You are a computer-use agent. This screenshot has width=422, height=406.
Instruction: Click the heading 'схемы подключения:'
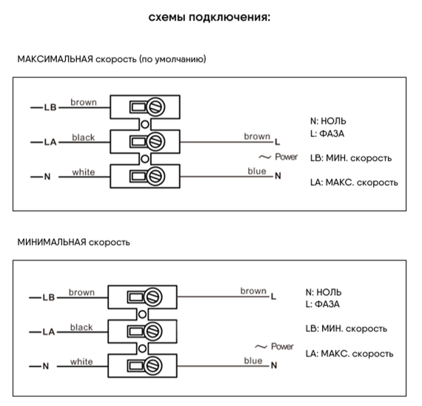pyautogui.click(x=210, y=17)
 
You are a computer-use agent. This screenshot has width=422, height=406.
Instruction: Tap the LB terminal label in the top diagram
pyautogui.click(x=50, y=108)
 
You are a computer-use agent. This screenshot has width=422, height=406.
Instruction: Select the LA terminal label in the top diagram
pyautogui.click(x=50, y=142)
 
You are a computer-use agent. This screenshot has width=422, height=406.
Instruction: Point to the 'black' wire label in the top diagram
pyautogui.click(x=84, y=138)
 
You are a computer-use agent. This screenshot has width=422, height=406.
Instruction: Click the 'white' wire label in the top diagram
pyautogui.click(x=84, y=172)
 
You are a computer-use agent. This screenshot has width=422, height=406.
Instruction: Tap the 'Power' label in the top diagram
pyautogui.click(x=286, y=157)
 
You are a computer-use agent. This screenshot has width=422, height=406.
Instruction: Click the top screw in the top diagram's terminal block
pyautogui.click(x=156, y=107)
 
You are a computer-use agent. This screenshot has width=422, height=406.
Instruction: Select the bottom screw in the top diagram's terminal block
pyautogui.click(x=156, y=176)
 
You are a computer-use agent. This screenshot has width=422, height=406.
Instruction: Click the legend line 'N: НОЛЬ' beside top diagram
pyautogui.click(x=328, y=121)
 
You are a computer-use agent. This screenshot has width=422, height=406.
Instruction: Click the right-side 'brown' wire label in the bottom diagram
pyautogui.click(x=252, y=291)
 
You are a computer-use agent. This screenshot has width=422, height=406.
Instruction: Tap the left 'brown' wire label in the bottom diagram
pyautogui.click(x=81, y=292)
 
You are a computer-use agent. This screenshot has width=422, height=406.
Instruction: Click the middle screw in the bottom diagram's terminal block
pyautogui.click(x=154, y=331)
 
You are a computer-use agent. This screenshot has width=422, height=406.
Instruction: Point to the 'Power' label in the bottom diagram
pyautogui.click(x=282, y=346)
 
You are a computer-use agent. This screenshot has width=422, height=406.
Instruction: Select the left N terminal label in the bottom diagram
pyautogui.click(x=45, y=366)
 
